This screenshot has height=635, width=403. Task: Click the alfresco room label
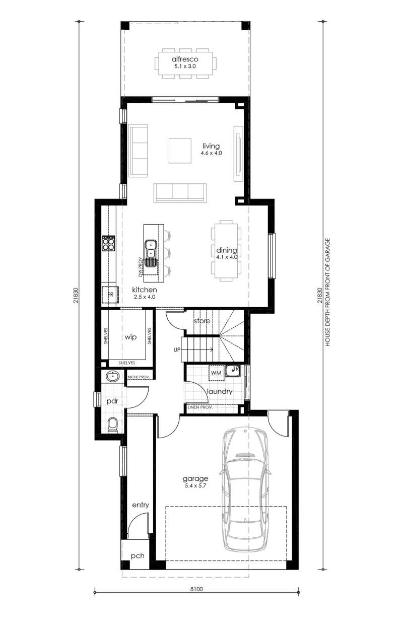coord(185,59)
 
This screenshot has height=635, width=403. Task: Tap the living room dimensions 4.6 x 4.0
coord(211,153)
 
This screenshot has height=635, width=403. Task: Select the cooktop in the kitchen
coord(109,243)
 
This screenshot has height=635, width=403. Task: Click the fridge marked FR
coord(110,295)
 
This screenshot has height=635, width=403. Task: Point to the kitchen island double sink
coord(151,248)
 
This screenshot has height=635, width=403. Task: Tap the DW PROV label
coord(140,267)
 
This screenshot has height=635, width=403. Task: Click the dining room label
coord(227,250)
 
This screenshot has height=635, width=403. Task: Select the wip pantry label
coord(130,337)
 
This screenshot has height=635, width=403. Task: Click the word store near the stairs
coord(202,321)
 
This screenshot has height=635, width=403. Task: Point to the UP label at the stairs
coord(177,350)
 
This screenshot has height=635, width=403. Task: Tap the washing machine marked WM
coord(216,373)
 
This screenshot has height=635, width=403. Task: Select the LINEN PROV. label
coord(200,407)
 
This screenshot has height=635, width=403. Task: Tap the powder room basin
coord(113,377)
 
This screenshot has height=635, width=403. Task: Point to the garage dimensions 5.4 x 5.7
coord(195,485)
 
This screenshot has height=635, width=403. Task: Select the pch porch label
coord(138,556)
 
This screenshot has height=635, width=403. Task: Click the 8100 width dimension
coord(196,589)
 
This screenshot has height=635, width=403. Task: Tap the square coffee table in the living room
coord(180,151)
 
